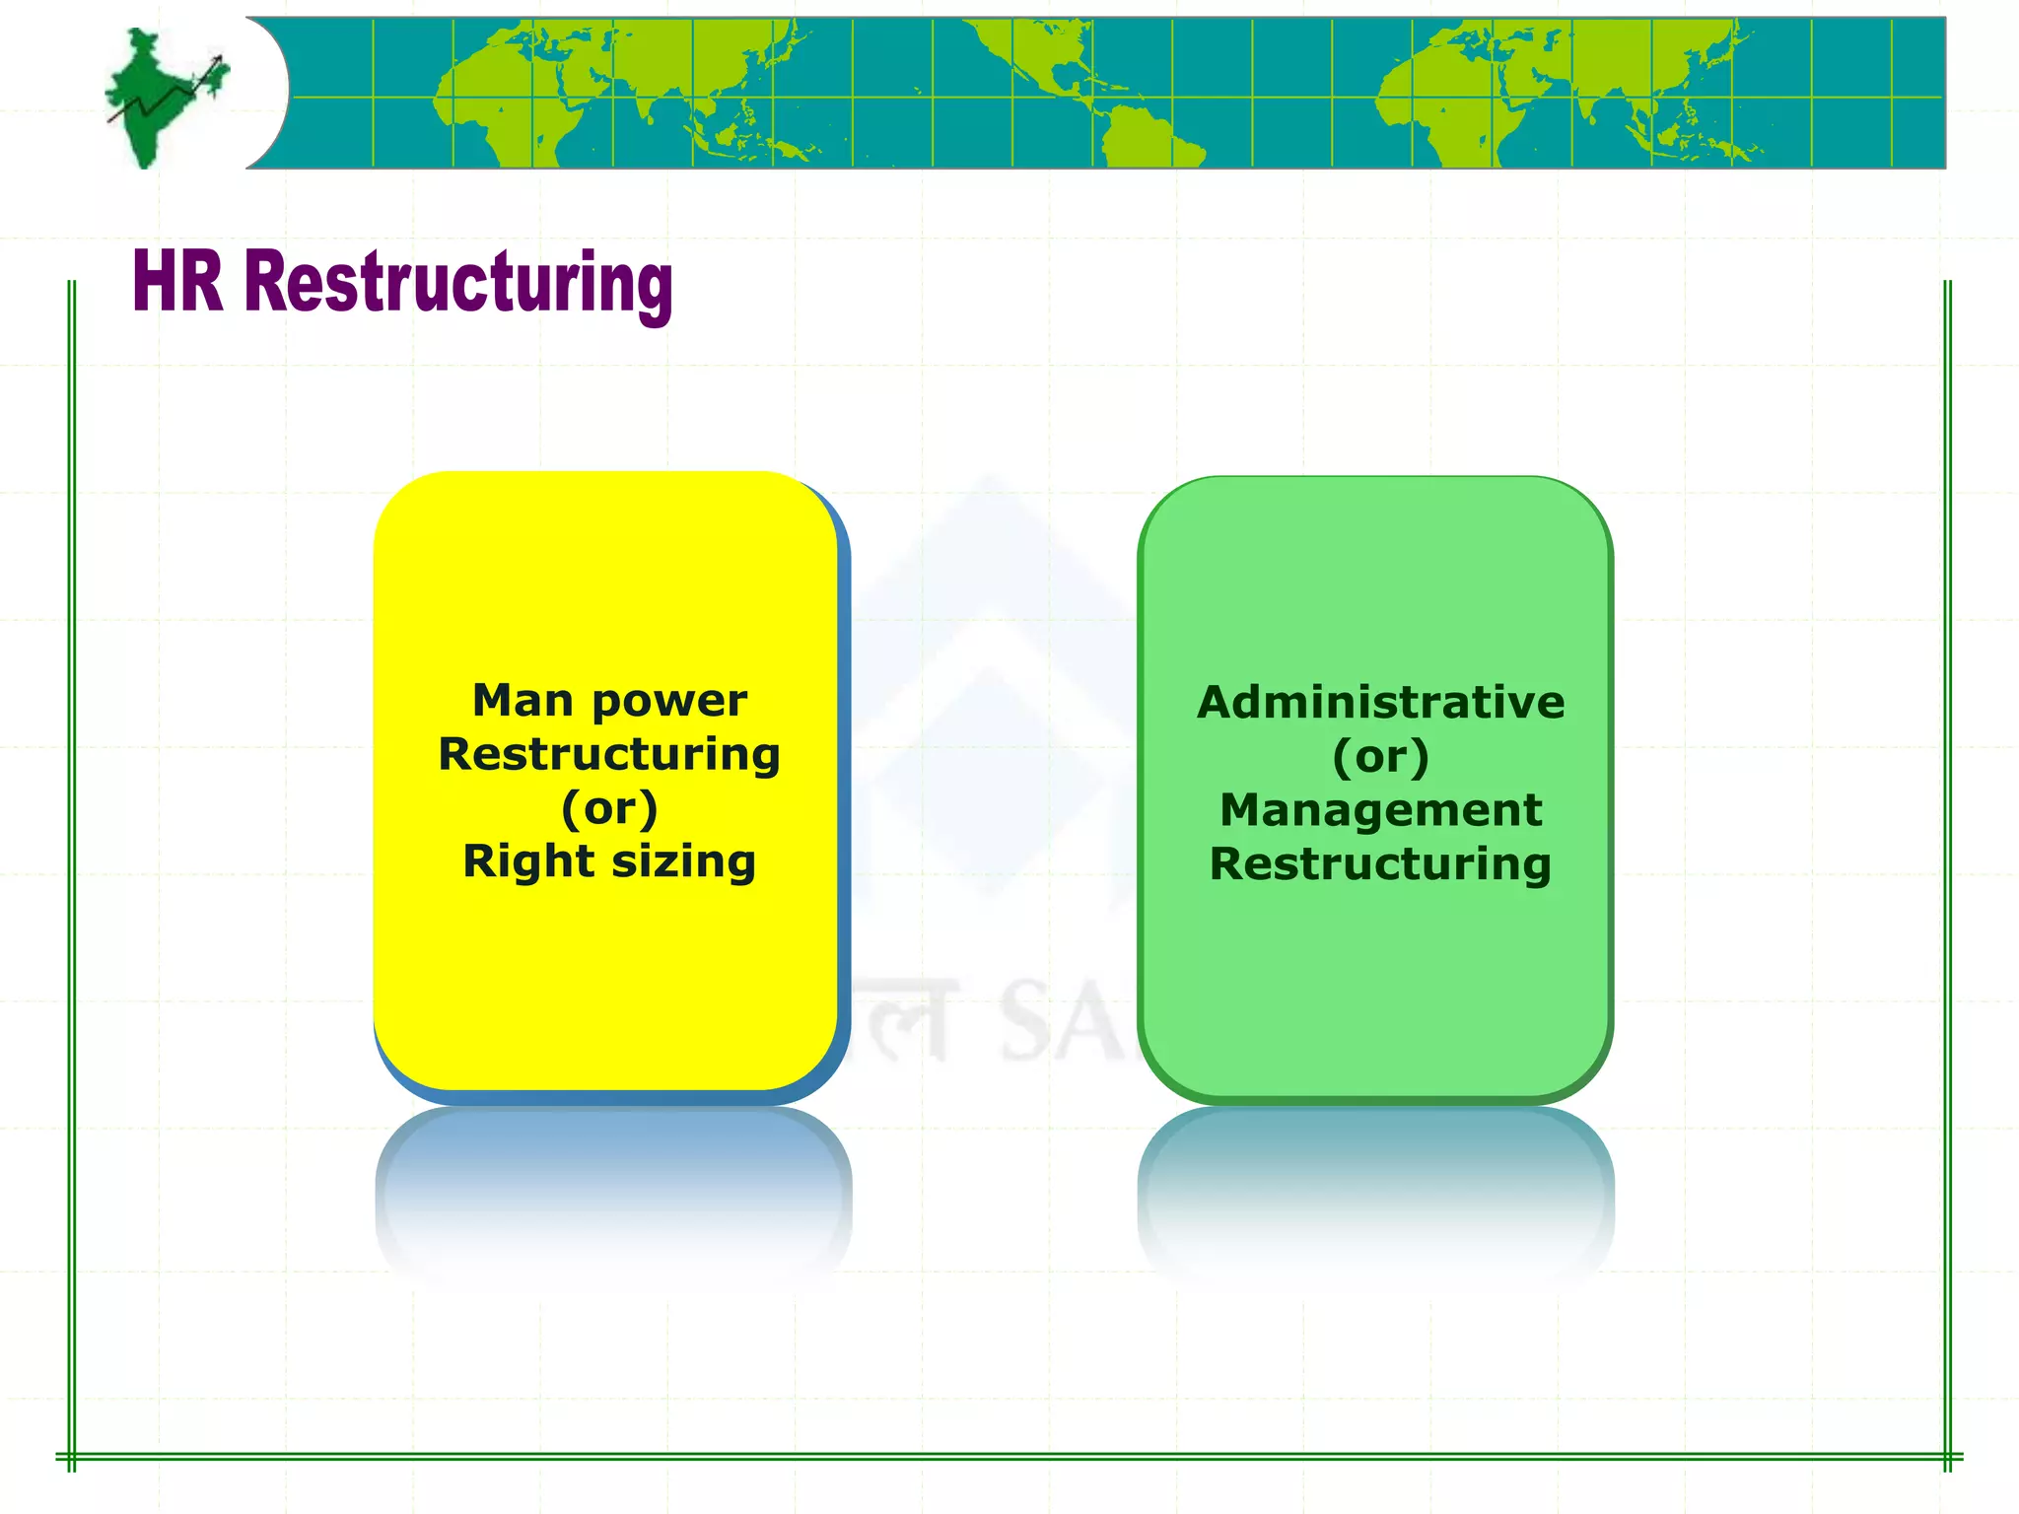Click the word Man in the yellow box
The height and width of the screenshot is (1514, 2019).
[522, 701]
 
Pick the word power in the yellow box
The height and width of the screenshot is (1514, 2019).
[669, 702]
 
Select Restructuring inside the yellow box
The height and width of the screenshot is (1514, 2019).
[609, 755]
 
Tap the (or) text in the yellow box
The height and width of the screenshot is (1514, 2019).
[609, 808]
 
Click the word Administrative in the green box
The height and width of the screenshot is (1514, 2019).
[1380, 703]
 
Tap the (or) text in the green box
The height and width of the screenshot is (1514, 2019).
[1380, 757]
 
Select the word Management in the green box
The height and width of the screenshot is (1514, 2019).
[1380, 810]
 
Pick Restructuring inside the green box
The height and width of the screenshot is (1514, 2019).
[1380, 864]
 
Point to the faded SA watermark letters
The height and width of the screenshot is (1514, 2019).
[1060, 1025]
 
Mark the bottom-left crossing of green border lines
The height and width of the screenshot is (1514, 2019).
[72, 1456]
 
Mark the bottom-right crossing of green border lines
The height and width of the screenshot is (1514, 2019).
[1947, 1456]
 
